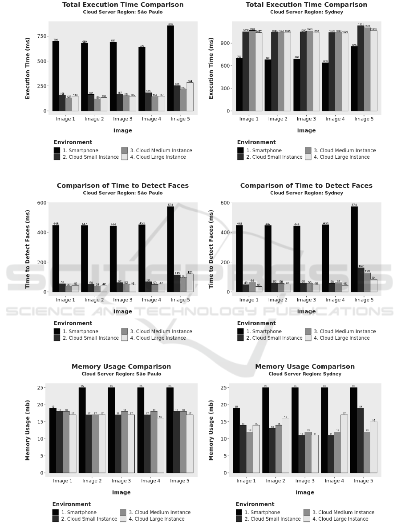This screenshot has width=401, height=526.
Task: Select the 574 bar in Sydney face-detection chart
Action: tap(354, 249)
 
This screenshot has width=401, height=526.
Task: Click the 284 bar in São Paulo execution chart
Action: tap(190, 96)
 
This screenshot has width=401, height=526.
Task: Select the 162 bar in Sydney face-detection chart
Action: tap(360, 280)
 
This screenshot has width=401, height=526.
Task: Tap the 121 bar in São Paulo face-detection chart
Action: tap(190, 283)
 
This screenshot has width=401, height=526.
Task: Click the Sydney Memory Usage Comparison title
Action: tap(305, 367)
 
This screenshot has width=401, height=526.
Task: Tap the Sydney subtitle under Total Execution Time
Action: tap(306, 12)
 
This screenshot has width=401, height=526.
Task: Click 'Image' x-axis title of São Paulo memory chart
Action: tap(121, 493)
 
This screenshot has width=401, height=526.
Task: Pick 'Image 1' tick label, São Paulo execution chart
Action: tap(65, 119)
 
